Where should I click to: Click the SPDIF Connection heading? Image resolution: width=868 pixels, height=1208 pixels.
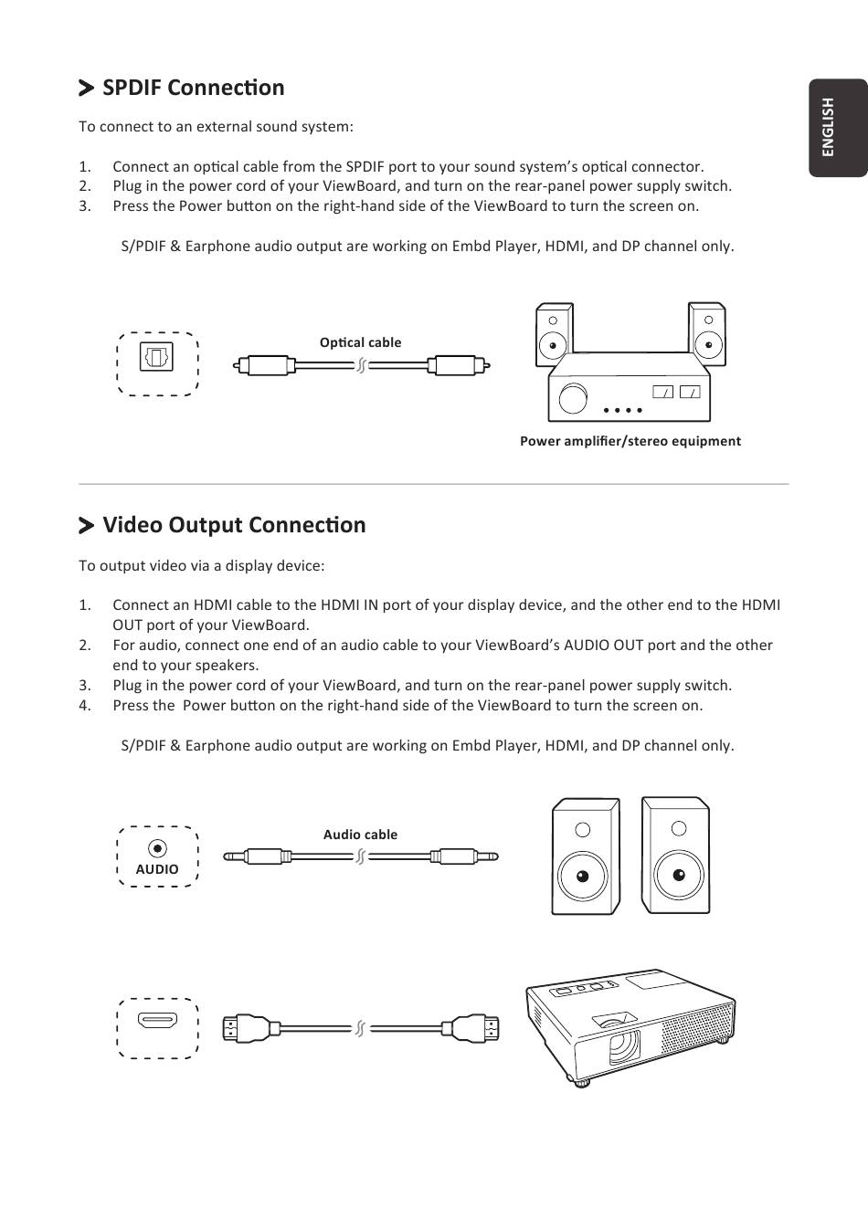(193, 88)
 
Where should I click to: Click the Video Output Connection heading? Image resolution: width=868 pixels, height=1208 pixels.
(233, 525)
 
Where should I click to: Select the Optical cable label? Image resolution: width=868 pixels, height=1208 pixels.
(360, 342)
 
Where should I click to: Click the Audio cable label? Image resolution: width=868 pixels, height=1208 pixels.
(360, 835)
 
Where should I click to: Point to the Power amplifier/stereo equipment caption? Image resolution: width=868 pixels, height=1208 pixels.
(630, 441)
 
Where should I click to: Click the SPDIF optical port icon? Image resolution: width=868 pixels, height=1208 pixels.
(156, 356)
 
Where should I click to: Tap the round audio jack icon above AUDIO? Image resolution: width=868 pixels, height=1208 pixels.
(157, 849)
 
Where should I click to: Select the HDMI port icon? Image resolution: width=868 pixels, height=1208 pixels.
(157, 1021)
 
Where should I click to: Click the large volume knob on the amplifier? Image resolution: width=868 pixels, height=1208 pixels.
(573, 399)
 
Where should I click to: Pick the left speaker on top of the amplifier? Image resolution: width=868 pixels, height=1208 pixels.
(553, 330)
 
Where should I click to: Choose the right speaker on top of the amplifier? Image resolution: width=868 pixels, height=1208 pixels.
(707, 330)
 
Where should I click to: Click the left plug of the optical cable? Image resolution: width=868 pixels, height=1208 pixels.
(266, 366)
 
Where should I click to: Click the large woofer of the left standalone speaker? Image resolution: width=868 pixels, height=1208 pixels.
(583, 877)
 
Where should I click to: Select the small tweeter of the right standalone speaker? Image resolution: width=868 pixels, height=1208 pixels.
(678, 828)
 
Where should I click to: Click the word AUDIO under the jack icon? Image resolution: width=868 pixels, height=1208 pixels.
(157, 870)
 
